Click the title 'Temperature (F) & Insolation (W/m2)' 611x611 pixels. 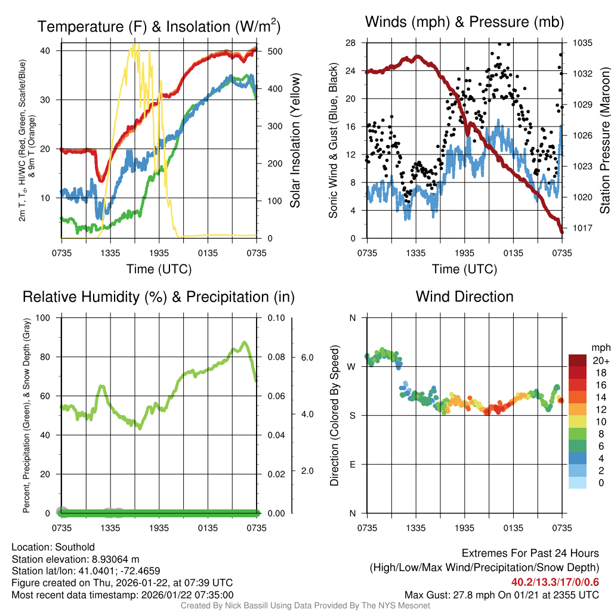tap(159, 26)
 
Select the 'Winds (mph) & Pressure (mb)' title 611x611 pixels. tap(464, 22)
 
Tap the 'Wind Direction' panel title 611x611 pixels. tap(464, 296)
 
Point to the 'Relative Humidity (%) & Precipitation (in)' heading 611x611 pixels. tap(158, 297)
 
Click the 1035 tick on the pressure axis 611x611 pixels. tap(582, 43)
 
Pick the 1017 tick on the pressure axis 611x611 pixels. tap(582, 228)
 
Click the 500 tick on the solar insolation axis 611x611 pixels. tap(274, 51)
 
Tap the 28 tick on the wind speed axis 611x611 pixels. tap(350, 43)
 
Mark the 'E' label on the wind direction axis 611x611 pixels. tap(353, 464)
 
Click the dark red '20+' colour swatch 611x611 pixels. tap(577, 360)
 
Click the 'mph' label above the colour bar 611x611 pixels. tap(600, 347)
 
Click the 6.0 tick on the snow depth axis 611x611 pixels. tap(307, 357)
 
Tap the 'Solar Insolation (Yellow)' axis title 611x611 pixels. tap(295, 141)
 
